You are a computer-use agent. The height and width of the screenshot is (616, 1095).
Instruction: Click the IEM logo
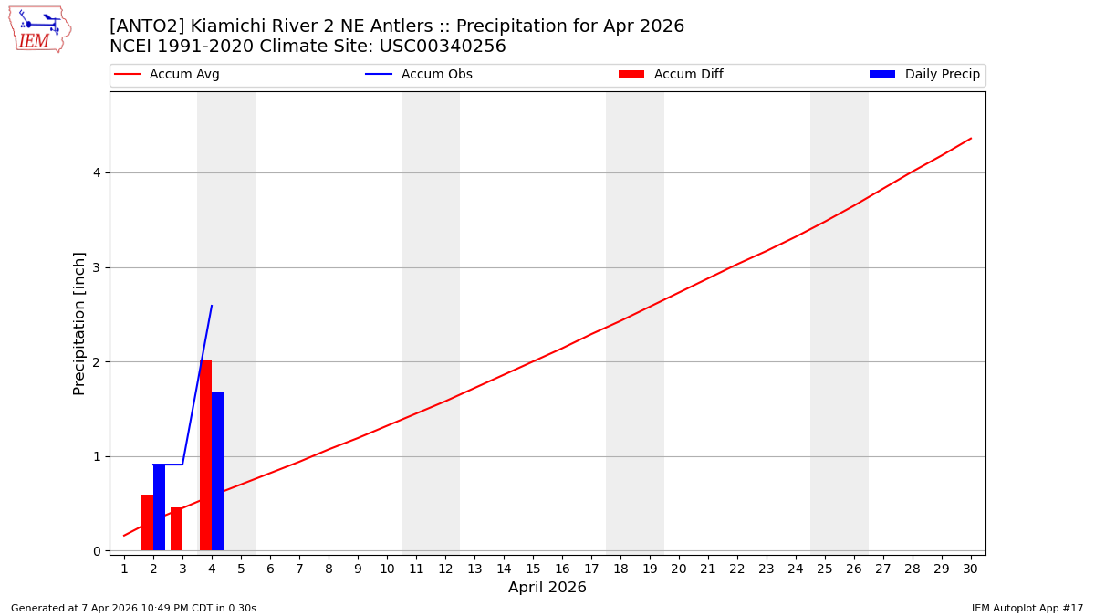coord(39,29)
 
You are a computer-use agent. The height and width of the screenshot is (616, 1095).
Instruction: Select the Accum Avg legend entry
coord(167,75)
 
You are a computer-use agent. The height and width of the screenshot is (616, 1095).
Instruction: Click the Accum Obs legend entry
coord(419,75)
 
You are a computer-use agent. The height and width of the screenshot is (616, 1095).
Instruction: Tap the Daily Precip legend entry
coord(926,75)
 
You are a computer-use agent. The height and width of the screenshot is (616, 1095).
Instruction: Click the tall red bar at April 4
coord(205,455)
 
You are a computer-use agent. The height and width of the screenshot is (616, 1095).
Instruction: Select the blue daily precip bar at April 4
coord(217,471)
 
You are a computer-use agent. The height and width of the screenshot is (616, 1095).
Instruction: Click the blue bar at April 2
coord(159,507)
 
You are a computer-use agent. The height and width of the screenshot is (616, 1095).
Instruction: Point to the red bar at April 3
coord(176,529)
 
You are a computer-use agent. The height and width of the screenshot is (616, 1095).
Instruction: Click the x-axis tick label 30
coord(970,569)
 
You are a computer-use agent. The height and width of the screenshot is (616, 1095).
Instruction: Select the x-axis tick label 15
coord(533,569)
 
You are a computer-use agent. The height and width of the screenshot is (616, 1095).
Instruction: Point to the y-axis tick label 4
coord(96,173)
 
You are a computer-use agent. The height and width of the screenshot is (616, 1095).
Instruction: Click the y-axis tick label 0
coord(96,551)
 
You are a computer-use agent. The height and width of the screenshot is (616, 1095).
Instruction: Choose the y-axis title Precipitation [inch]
coord(79,323)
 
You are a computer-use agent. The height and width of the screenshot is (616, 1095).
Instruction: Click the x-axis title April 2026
coord(547,589)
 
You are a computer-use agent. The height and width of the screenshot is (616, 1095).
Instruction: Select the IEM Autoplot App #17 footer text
coord(1027,609)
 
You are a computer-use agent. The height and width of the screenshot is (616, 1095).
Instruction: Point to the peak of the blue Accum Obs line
coord(212,306)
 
